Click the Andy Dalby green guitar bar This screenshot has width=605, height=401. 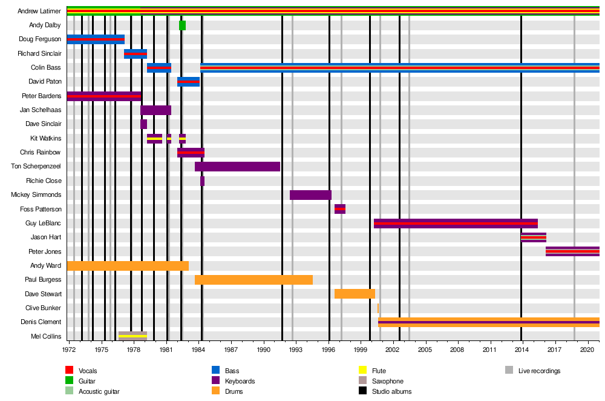(182, 25)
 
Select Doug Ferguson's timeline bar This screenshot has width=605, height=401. (96, 39)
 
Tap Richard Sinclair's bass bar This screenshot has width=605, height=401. (136, 54)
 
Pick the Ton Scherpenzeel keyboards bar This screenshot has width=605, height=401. (237, 167)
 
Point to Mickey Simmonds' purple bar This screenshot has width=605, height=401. (310, 195)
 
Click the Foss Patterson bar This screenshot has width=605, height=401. (340, 209)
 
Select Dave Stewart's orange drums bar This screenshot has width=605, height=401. (355, 294)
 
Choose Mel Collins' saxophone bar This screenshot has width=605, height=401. (132, 336)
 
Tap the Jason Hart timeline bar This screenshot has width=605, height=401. (534, 237)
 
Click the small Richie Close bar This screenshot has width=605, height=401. (202, 181)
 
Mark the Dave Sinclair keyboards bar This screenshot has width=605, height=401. (143, 124)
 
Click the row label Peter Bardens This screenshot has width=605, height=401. (41, 96)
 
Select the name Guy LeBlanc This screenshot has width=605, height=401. (44, 223)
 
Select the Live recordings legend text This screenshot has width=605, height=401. (539, 371)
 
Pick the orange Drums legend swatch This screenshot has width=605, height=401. (215, 391)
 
